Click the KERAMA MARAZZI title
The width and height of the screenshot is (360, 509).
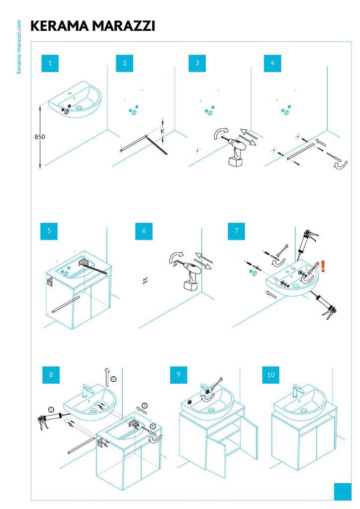92,26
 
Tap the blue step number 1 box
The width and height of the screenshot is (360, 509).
50,63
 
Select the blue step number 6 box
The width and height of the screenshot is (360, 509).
144,231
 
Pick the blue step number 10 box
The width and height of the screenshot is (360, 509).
270,375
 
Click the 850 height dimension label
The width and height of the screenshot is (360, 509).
40,137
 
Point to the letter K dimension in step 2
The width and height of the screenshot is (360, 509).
163,131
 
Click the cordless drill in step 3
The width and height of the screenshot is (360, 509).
235,151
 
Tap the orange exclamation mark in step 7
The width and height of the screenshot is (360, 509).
323,266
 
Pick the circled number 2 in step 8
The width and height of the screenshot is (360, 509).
113,378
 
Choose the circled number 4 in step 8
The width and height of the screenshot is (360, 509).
153,426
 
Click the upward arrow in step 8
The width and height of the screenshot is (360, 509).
107,377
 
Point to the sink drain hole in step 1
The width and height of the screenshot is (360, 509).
79,107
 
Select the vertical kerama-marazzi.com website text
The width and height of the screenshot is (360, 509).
19,47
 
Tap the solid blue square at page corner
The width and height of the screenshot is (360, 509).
343,492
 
